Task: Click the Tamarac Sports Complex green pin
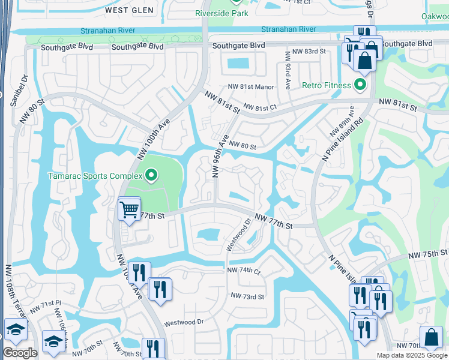pos(151,176)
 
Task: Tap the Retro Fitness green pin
pos(360,85)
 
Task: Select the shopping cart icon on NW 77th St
pos(129,209)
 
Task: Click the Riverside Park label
pos(221,13)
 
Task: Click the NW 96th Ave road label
pos(220,157)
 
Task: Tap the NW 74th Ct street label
pos(244,271)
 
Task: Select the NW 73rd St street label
pos(247,296)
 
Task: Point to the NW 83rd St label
pos(306,52)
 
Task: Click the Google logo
pos(20,353)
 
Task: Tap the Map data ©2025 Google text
pos(411,355)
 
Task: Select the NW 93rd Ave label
pos(288,71)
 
